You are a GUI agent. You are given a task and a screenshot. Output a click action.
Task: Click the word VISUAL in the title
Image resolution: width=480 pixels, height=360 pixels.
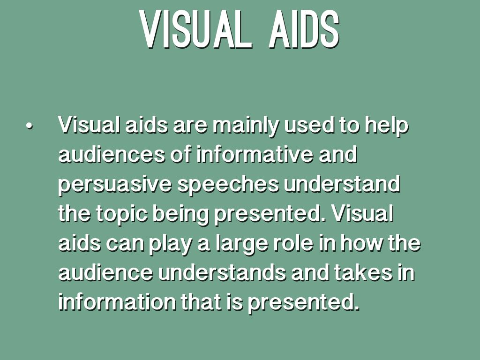tap(196, 30)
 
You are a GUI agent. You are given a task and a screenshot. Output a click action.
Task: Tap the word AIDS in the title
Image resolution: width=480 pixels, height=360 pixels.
tap(304, 30)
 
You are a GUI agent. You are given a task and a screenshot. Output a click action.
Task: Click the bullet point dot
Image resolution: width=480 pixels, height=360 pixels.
tap(30, 126)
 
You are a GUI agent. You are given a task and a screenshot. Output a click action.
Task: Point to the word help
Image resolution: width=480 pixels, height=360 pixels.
tap(386, 126)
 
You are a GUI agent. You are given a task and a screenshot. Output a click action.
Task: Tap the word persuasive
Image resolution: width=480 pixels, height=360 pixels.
tap(115, 185)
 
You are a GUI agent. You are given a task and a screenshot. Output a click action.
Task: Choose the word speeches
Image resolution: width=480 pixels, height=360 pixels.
tap(228, 185)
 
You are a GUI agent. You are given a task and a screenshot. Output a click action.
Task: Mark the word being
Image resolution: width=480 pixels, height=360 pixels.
tap(180, 214)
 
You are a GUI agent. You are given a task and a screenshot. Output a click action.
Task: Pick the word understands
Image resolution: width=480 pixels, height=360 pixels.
tap(222, 272)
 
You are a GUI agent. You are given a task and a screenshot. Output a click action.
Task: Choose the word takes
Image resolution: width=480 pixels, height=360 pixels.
tap(363, 272)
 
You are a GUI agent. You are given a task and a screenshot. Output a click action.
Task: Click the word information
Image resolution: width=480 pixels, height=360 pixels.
tap(117, 301)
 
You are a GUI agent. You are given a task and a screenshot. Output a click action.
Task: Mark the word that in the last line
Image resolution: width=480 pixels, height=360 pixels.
tap(201, 301)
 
